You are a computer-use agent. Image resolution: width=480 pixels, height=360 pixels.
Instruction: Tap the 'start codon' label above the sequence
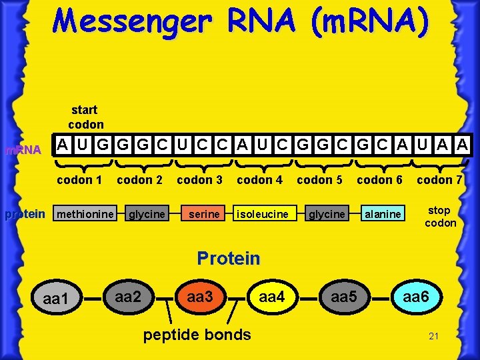(85, 117)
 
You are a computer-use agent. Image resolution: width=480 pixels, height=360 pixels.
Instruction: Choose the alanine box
(383, 214)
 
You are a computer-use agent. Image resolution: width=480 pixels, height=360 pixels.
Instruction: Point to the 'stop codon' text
(440, 217)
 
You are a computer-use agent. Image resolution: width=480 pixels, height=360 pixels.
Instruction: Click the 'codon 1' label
(79, 179)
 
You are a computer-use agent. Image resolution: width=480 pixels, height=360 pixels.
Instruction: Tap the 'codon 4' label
(260, 179)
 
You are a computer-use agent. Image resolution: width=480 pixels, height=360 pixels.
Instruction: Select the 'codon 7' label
(439, 179)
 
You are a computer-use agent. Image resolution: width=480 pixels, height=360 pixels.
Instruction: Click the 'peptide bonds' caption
(197, 334)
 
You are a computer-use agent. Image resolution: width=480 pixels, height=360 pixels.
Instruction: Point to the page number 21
(433, 336)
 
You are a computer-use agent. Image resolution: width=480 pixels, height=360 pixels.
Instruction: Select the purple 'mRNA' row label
(23, 150)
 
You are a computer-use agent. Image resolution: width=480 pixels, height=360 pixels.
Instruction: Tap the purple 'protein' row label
(25, 214)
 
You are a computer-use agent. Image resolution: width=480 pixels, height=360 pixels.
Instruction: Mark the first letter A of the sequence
(61, 144)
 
